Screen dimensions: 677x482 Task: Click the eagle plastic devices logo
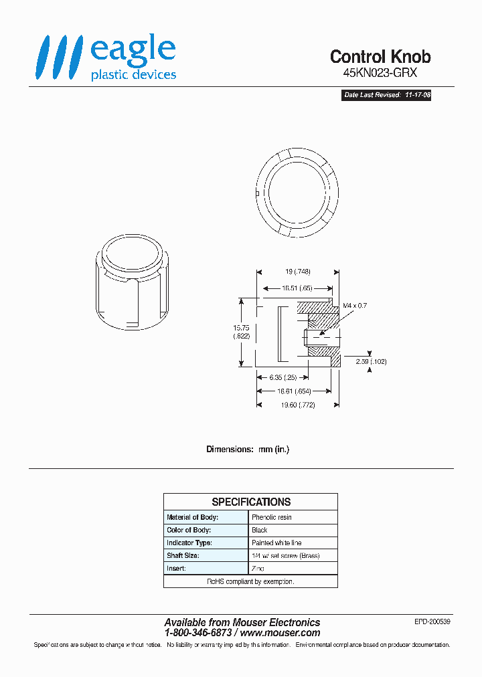pos(106,58)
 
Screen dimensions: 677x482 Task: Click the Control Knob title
pos(380,57)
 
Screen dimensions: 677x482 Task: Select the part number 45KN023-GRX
pos(380,75)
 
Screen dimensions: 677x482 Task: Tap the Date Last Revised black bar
pos(387,96)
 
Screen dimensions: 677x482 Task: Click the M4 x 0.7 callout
pos(355,305)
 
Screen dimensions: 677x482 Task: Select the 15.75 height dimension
pos(241,332)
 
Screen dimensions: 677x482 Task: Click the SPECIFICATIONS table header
pos(250,502)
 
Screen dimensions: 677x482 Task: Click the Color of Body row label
pos(189,530)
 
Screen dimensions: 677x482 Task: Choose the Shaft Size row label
pos(183,555)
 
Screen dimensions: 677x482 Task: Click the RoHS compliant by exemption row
pos(250,581)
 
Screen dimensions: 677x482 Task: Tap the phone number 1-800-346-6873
pos(198,633)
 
